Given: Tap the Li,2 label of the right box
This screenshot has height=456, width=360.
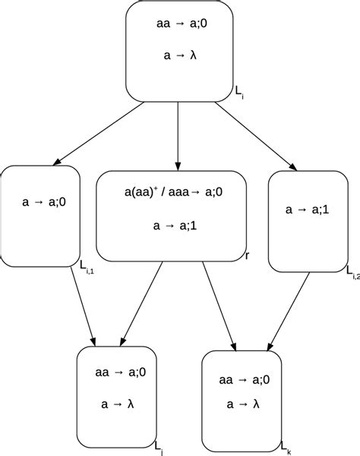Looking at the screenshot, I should [351, 271].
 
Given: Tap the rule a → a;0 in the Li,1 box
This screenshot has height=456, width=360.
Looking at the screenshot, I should [45, 202].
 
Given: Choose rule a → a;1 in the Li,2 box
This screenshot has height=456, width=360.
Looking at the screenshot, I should [307, 208].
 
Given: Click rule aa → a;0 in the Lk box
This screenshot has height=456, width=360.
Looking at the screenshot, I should [244, 379].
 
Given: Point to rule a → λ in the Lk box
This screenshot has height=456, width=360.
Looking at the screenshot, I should [244, 405].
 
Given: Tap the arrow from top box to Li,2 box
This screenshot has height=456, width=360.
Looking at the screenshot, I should [254, 135].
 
